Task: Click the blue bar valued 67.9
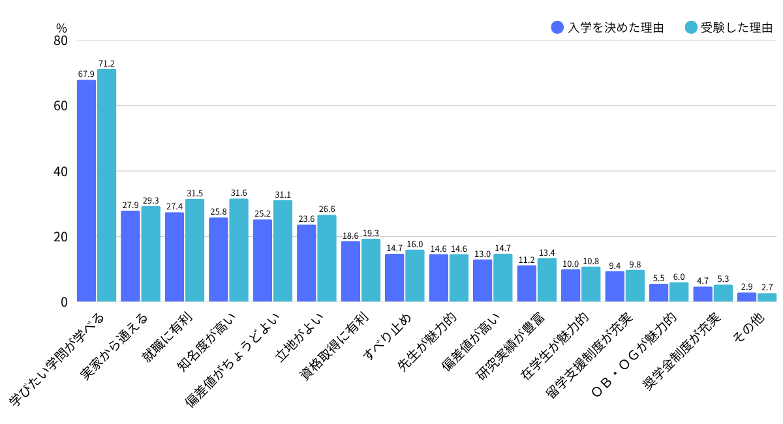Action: coord(86,191)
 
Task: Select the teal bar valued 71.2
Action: coord(106,185)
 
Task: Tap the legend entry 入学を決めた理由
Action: coord(607,27)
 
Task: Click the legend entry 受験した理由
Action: coord(728,27)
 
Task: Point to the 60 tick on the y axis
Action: coord(61,106)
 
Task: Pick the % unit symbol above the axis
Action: coord(61,28)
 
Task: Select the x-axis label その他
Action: coord(749,328)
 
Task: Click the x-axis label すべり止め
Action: coord(387,337)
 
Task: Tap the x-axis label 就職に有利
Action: coord(167,337)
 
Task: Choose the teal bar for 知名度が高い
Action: coord(239,250)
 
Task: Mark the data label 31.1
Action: coord(283,194)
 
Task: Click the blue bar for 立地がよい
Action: coord(307,264)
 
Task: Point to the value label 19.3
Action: coord(371,233)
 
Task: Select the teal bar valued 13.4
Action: coord(547,280)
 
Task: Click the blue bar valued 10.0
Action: coord(571,286)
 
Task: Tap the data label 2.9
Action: coord(746,286)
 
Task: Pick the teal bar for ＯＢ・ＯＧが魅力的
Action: coord(679,292)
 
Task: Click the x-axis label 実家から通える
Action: coord(114,346)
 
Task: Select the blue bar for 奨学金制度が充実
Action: coord(703,294)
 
